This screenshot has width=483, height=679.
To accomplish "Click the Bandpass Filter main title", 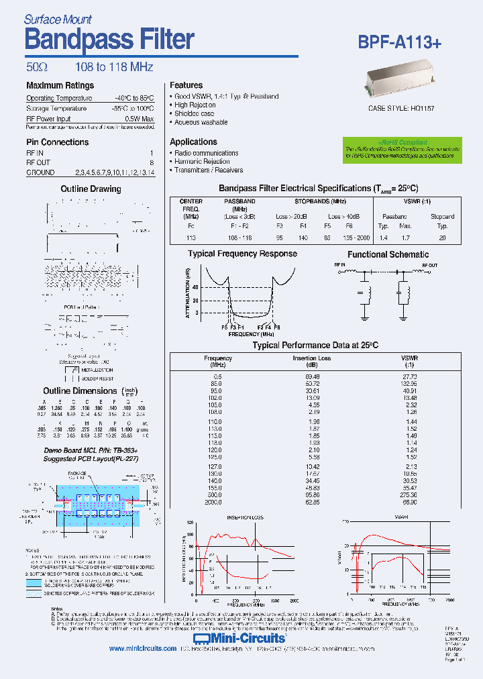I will tap(109, 40).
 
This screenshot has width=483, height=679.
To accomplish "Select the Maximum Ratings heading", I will tap(60, 85).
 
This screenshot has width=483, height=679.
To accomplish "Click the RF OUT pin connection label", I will tap(38, 162).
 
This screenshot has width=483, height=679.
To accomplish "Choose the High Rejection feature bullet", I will tap(195, 105).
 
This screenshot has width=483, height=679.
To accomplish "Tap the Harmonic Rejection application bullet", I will tap(202, 162).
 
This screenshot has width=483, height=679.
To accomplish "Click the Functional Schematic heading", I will tap(388, 254).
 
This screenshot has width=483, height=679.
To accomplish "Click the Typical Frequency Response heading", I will tap(242, 254).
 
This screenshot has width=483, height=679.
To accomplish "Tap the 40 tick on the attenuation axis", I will tap(196, 286).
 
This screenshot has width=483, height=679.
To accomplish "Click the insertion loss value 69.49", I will tap(311, 376).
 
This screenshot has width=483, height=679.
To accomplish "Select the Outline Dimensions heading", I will tap(80, 390).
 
